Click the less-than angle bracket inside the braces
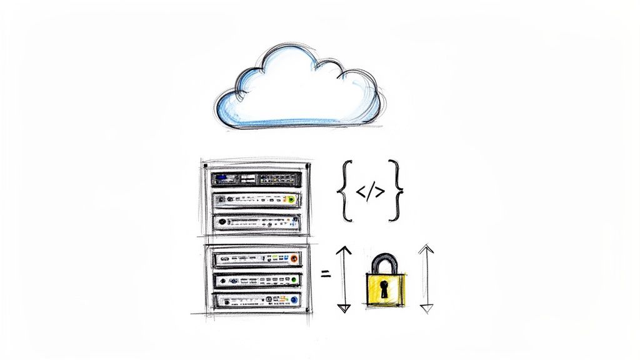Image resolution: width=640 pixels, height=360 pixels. pyautogui.click(x=361, y=192)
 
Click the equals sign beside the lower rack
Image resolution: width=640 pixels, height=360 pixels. pyautogui.click(x=325, y=273)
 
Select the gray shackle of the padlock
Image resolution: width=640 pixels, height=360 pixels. pyautogui.click(x=384, y=262)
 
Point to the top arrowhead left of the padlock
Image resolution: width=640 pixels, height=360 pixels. pyautogui.click(x=343, y=251)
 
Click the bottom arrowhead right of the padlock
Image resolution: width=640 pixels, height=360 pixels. pyautogui.click(x=426, y=308)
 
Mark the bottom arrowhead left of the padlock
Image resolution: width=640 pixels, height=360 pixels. pyautogui.click(x=343, y=307)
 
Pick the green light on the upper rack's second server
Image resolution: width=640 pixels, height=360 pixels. pyautogui.click(x=290, y=200)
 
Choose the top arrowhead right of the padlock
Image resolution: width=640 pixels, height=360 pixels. pyautogui.click(x=426, y=248)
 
